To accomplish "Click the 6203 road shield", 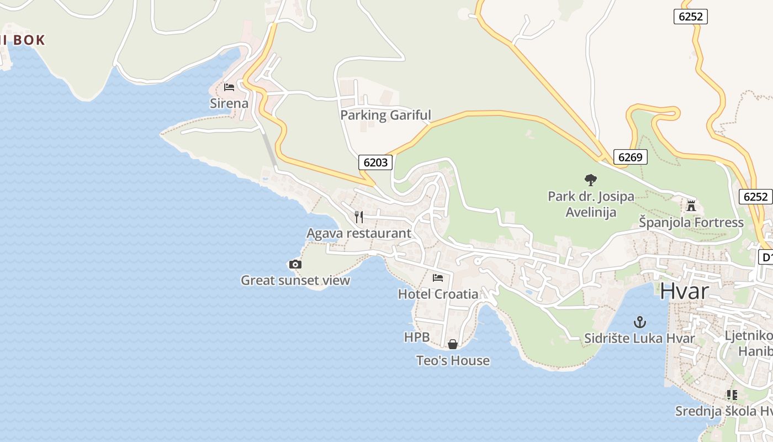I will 376,162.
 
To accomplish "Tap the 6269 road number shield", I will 630,157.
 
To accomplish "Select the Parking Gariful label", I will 385,115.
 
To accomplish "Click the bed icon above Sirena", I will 229,87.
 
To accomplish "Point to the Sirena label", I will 229,103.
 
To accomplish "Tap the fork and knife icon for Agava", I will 359,217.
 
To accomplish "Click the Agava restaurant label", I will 359,233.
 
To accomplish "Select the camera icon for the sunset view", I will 295,265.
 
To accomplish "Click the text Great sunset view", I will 295,281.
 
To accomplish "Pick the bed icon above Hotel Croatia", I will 438,277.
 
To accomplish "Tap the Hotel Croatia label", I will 438,294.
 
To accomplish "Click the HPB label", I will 417,337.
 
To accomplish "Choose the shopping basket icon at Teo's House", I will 453,344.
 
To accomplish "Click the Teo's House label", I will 453,361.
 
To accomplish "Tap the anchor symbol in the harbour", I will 639,322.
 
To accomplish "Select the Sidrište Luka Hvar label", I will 639,338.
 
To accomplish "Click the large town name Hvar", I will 684,291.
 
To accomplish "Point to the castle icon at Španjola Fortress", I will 691,206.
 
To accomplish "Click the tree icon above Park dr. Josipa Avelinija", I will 591,180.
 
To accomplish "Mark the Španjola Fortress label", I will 691,223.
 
